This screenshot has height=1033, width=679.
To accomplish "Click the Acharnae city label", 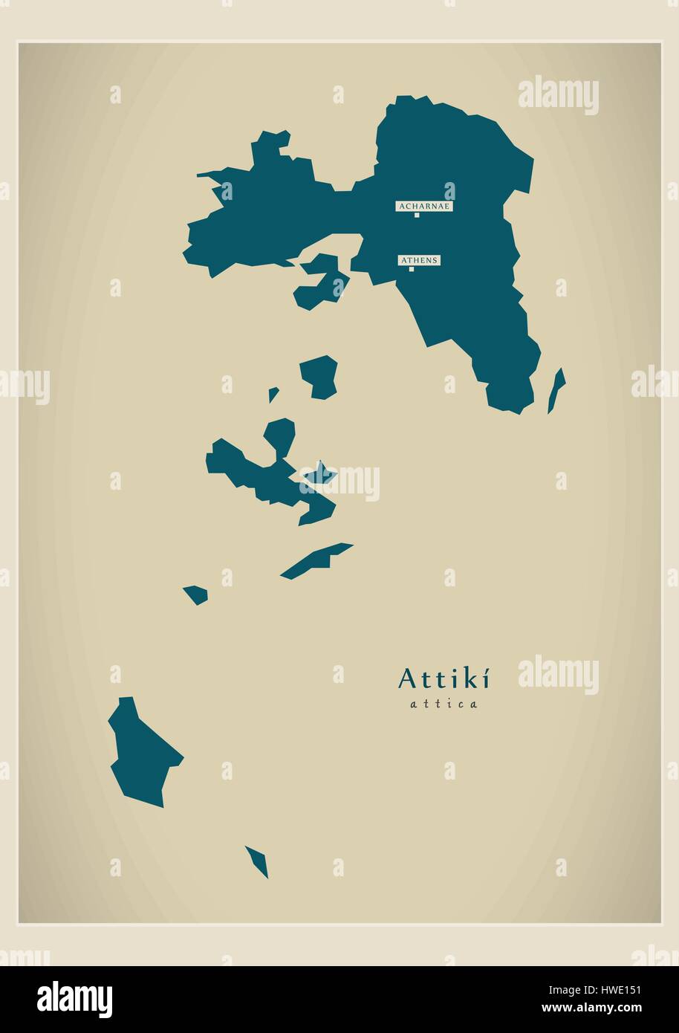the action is (424, 206).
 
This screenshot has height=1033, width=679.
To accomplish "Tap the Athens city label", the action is (419, 260).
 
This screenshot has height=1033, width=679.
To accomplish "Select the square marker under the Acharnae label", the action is (417, 216).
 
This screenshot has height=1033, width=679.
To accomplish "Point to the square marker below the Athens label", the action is (411, 269).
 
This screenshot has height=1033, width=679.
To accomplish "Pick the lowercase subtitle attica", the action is (444, 704).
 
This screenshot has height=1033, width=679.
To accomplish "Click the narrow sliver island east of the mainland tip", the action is (556, 389).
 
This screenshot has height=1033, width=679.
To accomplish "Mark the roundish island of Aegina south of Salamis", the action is (319, 376).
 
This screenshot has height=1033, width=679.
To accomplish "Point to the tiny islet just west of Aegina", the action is (273, 394).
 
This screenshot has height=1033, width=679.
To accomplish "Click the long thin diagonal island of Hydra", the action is (316, 560).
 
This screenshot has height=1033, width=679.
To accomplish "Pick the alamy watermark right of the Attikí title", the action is (558, 676).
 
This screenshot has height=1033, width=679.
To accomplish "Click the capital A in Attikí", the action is (407, 678).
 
